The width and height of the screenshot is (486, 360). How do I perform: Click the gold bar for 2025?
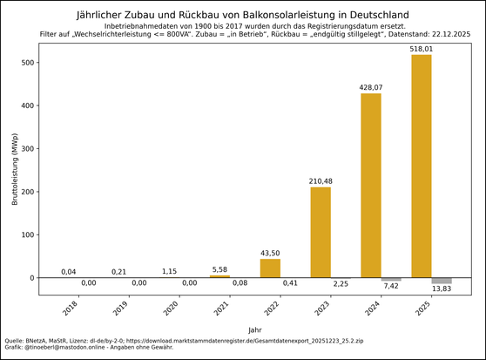coord(422,166)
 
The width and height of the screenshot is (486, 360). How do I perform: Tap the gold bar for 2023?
coord(321,232)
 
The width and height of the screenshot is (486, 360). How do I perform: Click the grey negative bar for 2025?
coord(442,281)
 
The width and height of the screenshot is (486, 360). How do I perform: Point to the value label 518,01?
coord(422,49)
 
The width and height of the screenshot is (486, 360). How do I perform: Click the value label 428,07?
coord(371,87)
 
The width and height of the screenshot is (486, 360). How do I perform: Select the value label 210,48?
coord(321,181)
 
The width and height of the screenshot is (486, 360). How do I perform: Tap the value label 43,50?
coord(270,253)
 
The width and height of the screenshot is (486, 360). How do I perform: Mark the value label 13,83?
coord(442,289)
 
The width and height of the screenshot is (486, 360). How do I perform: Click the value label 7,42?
coord(391,286)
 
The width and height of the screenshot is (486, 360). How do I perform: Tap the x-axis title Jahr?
coord(254,330)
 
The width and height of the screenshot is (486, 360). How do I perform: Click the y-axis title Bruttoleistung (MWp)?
coord(15,170)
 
